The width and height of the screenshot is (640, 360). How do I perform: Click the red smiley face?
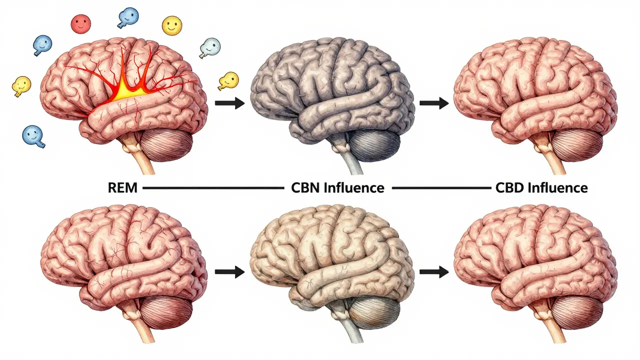[x=80, y=24]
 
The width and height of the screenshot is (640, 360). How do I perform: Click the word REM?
[x=122, y=188]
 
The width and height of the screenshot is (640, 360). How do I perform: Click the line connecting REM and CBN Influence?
[x=213, y=188]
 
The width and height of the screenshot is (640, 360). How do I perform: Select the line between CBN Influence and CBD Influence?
[x=441, y=188]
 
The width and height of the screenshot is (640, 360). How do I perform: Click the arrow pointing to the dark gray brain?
[x=229, y=103]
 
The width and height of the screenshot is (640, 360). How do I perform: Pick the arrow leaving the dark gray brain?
[x=434, y=103]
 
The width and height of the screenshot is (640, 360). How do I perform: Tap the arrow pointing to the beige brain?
[x=229, y=272]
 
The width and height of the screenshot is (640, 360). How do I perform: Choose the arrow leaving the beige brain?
[x=434, y=272]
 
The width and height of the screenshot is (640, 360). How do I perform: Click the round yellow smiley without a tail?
[x=171, y=25]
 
